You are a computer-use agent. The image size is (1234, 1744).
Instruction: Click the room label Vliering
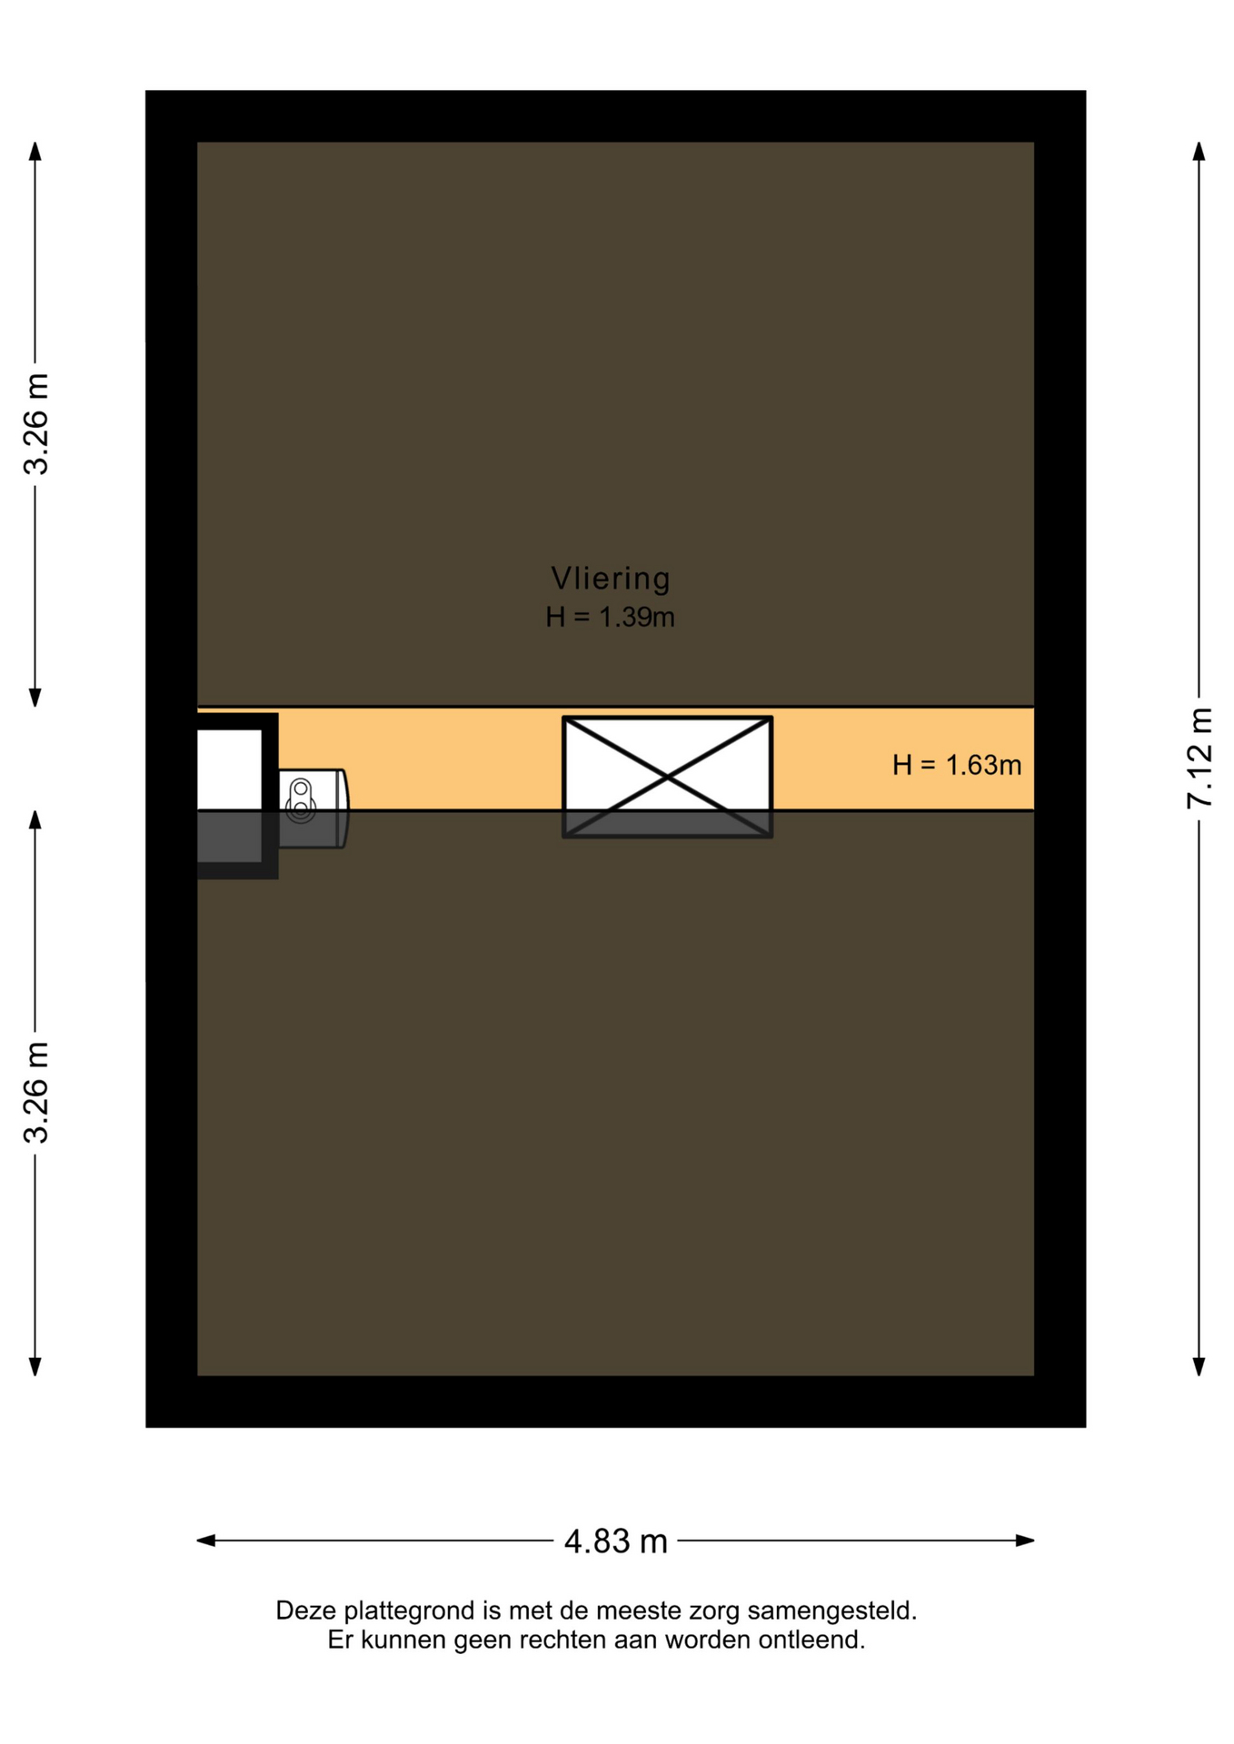click(610, 579)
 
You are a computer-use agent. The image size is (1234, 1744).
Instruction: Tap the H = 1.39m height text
click(610, 618)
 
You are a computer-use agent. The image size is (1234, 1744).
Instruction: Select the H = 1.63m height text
click(957, 765)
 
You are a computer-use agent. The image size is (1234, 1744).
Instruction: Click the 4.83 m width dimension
click(615, 1541)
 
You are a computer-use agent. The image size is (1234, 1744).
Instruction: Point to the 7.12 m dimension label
click(1199, 758)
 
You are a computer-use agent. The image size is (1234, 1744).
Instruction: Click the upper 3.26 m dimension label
click(36, 424)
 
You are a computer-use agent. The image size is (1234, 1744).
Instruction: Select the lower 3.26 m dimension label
click(36, 1093)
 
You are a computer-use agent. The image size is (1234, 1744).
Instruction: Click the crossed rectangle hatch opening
click(667, 777)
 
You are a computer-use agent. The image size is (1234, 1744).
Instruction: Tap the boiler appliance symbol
click(313, 808)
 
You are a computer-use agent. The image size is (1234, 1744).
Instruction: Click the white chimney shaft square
click(229, 769)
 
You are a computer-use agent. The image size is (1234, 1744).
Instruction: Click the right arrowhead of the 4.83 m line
click(1025, 1541)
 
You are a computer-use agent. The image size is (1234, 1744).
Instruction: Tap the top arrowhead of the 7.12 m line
click(1199, 151)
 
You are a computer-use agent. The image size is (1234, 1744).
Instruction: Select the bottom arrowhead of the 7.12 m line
click(1199, 1366)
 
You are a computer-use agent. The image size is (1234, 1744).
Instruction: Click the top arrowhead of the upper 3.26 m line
click(35, 151)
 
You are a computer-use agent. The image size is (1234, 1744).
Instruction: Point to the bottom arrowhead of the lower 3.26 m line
click(35, 1366)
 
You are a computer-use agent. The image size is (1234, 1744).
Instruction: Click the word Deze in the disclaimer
click(306, 1610)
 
